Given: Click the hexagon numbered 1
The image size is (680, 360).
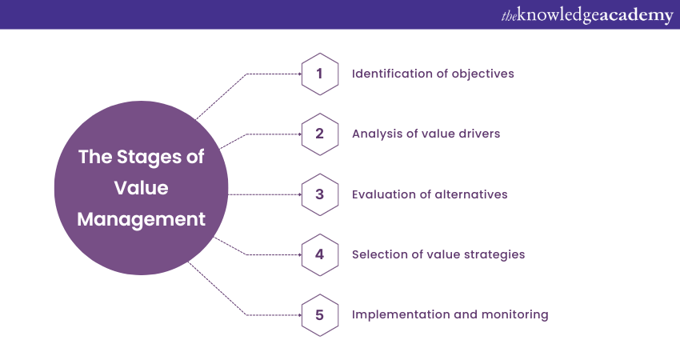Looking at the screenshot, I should click(x=319, y=74).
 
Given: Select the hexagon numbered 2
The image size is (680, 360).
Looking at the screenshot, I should click(x=319, y=134).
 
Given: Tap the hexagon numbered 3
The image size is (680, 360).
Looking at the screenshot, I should click(x=319, y=194).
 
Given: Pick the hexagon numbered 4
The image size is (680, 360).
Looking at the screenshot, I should click(x=319, y=254).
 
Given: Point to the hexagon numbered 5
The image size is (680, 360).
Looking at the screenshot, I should click(x=319, y=314).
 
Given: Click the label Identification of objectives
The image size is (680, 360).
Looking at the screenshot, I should click(x=433, y=74).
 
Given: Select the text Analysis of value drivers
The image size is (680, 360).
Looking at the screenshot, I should click(x=426, y=134).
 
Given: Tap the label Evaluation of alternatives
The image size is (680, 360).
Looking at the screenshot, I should click(x=430, y=194).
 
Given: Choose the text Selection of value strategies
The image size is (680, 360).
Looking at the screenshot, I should click(x=438, y=254).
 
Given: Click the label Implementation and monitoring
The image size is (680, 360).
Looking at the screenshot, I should click(x=450, y=314).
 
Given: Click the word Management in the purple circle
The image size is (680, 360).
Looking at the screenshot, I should click(x=142, y=218).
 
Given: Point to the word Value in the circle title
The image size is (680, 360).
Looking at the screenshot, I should click(x=142, y=187).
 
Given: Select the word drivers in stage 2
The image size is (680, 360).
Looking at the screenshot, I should click(x=478, y=134).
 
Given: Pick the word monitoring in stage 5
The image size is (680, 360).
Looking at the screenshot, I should click(x=517, y=314).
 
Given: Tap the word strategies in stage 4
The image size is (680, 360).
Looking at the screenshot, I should click(x=496, y=254).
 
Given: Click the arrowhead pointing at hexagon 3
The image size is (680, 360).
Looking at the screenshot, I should click(x=298, y=194).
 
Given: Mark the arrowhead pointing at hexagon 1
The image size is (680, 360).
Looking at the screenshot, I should click(x=298, y=74).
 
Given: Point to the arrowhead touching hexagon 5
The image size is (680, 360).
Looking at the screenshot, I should click(x=298, y=314).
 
